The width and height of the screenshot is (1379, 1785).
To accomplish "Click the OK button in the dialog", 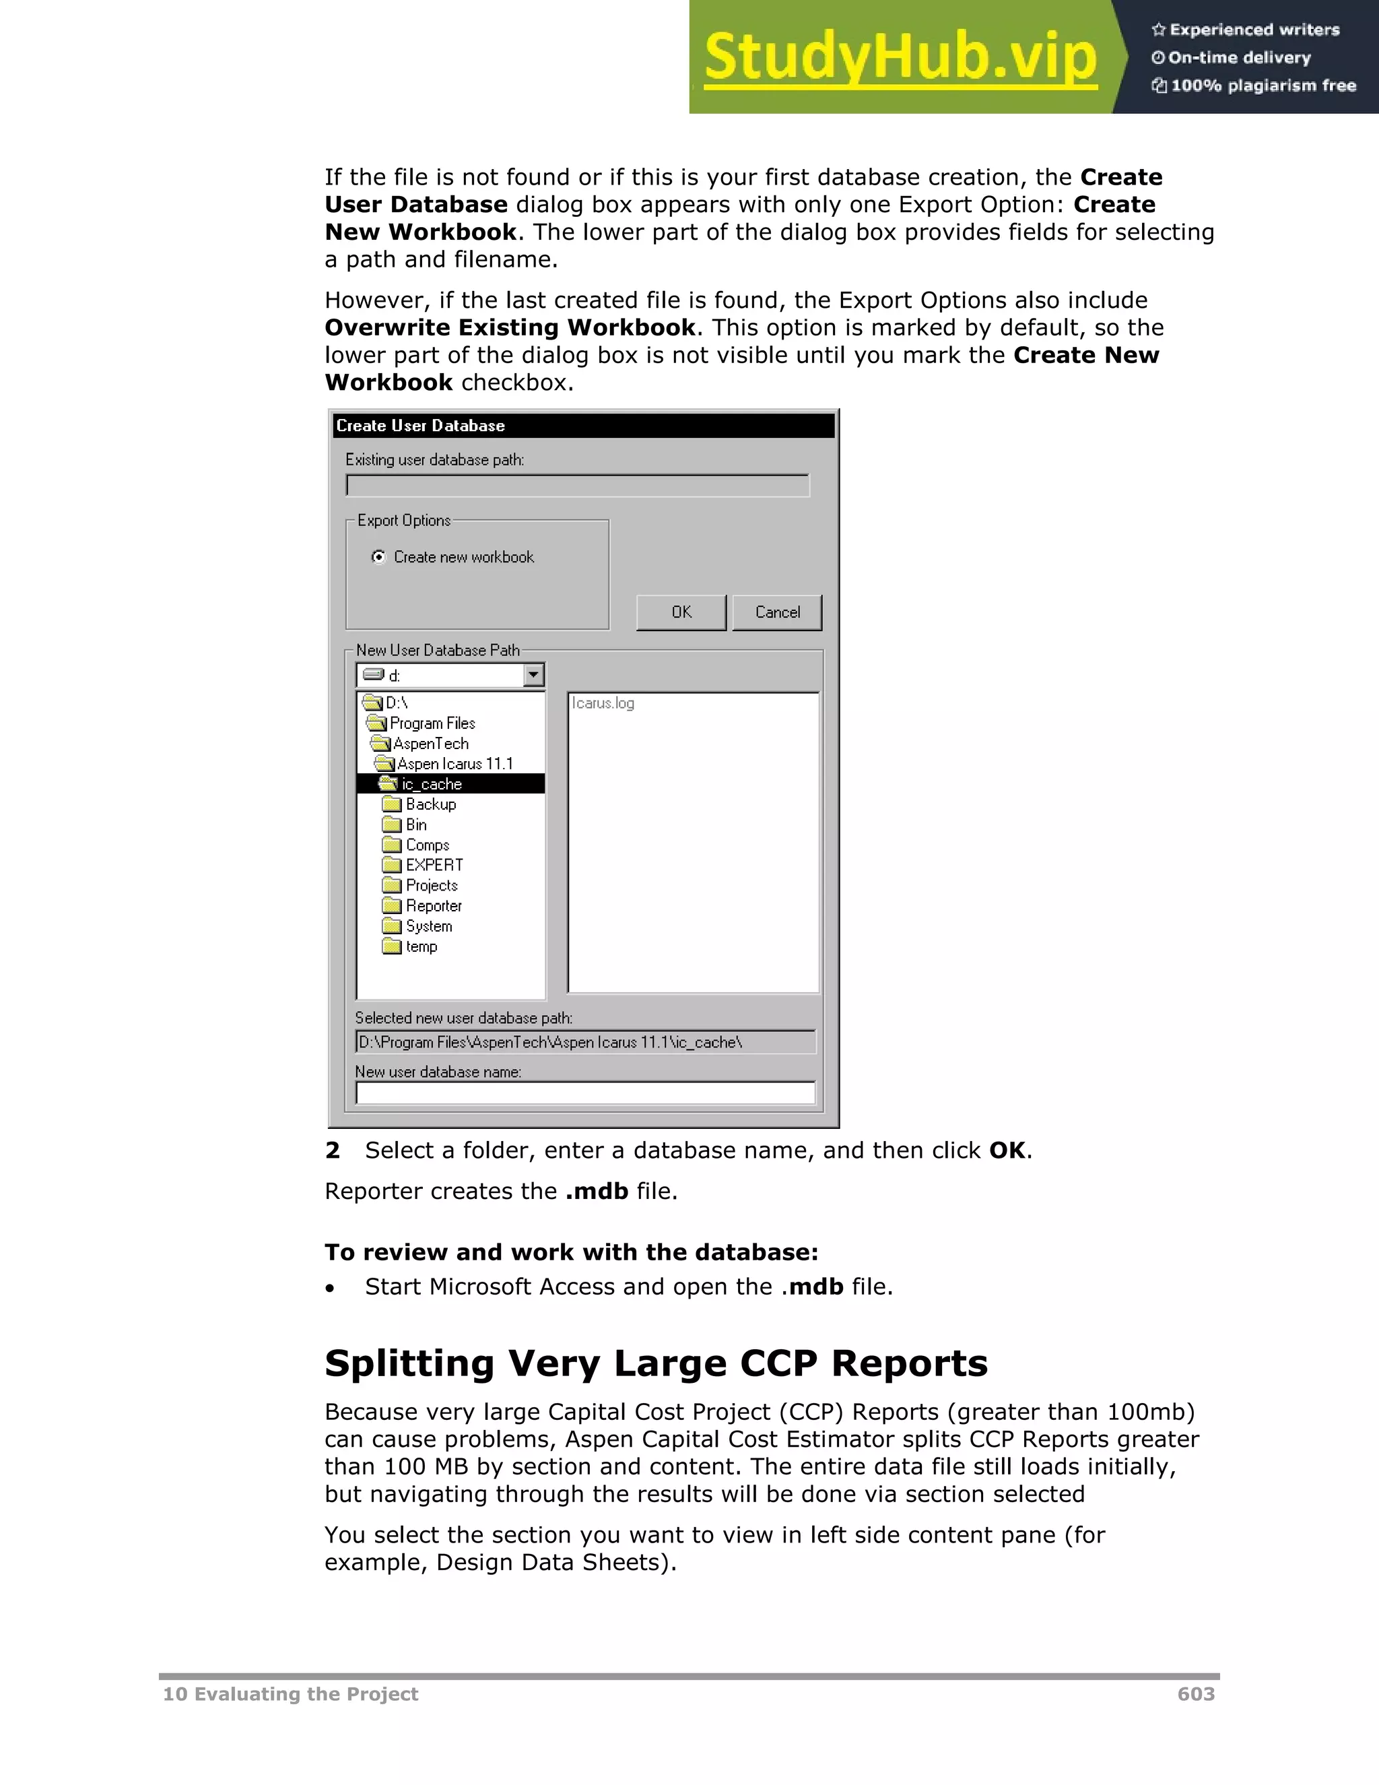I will pos(681,612).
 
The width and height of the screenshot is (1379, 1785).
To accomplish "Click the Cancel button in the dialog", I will pos(777,612).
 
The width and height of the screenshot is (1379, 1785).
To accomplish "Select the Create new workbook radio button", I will pos(378,556).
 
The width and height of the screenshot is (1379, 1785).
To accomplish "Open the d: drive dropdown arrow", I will pos(533,675).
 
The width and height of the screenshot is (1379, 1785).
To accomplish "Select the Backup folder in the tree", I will pos(430,804).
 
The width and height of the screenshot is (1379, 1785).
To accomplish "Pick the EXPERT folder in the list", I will pos(434,865).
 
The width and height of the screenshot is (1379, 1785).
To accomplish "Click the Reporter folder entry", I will pos(433,905).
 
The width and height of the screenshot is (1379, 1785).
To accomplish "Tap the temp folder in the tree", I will pos(421,946).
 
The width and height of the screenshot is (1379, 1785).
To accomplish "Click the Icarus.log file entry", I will pos(603,703).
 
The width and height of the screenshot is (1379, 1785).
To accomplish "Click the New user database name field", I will pos(585,1093).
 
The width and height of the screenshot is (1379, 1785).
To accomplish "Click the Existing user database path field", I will pos(577,486).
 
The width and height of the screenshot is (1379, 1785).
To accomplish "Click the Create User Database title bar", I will pos(583,425).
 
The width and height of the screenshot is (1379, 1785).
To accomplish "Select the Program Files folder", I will pos(432,723).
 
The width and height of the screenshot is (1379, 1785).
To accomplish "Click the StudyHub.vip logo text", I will pos(900,57).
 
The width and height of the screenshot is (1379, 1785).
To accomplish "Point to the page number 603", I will pos(1195,1693).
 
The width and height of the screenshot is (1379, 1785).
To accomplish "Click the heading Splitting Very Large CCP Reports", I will pos(655,1363).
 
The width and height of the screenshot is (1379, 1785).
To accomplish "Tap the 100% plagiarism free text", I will pos(1263,85).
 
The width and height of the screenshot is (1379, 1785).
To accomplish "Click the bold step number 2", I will pos(332,1150).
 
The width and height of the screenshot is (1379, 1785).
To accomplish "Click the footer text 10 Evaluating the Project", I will pos(290,1693).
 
